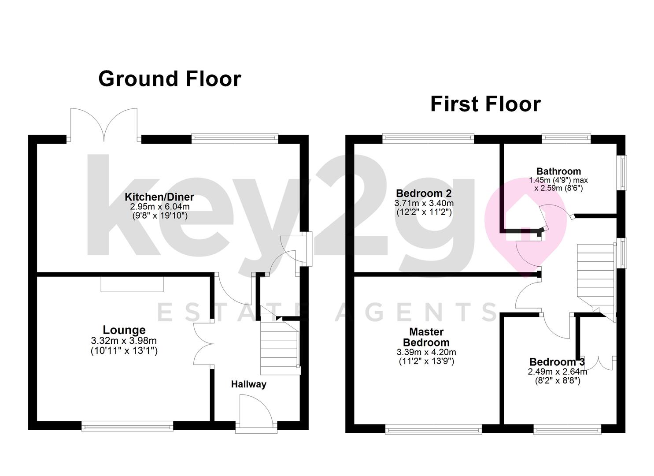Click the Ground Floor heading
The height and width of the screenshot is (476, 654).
170,79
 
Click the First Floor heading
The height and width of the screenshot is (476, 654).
485,104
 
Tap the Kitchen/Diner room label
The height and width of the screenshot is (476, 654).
159,197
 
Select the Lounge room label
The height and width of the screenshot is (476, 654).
124,330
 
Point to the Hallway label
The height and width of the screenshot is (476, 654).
249,384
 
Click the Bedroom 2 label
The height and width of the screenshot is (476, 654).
424,193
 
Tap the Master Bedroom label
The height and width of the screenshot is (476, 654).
426,337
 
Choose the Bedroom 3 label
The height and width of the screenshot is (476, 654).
557,362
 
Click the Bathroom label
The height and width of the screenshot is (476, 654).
559,171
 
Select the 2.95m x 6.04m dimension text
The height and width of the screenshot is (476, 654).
160,207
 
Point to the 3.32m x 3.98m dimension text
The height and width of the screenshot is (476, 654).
124,340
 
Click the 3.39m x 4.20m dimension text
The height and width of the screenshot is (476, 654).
426,352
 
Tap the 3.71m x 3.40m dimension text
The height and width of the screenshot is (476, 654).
424,203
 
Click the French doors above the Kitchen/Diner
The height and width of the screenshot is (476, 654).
104,125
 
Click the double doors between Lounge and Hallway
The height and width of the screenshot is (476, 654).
204,344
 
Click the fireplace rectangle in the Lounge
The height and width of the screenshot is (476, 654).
132,284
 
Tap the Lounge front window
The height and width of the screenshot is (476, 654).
127,426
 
